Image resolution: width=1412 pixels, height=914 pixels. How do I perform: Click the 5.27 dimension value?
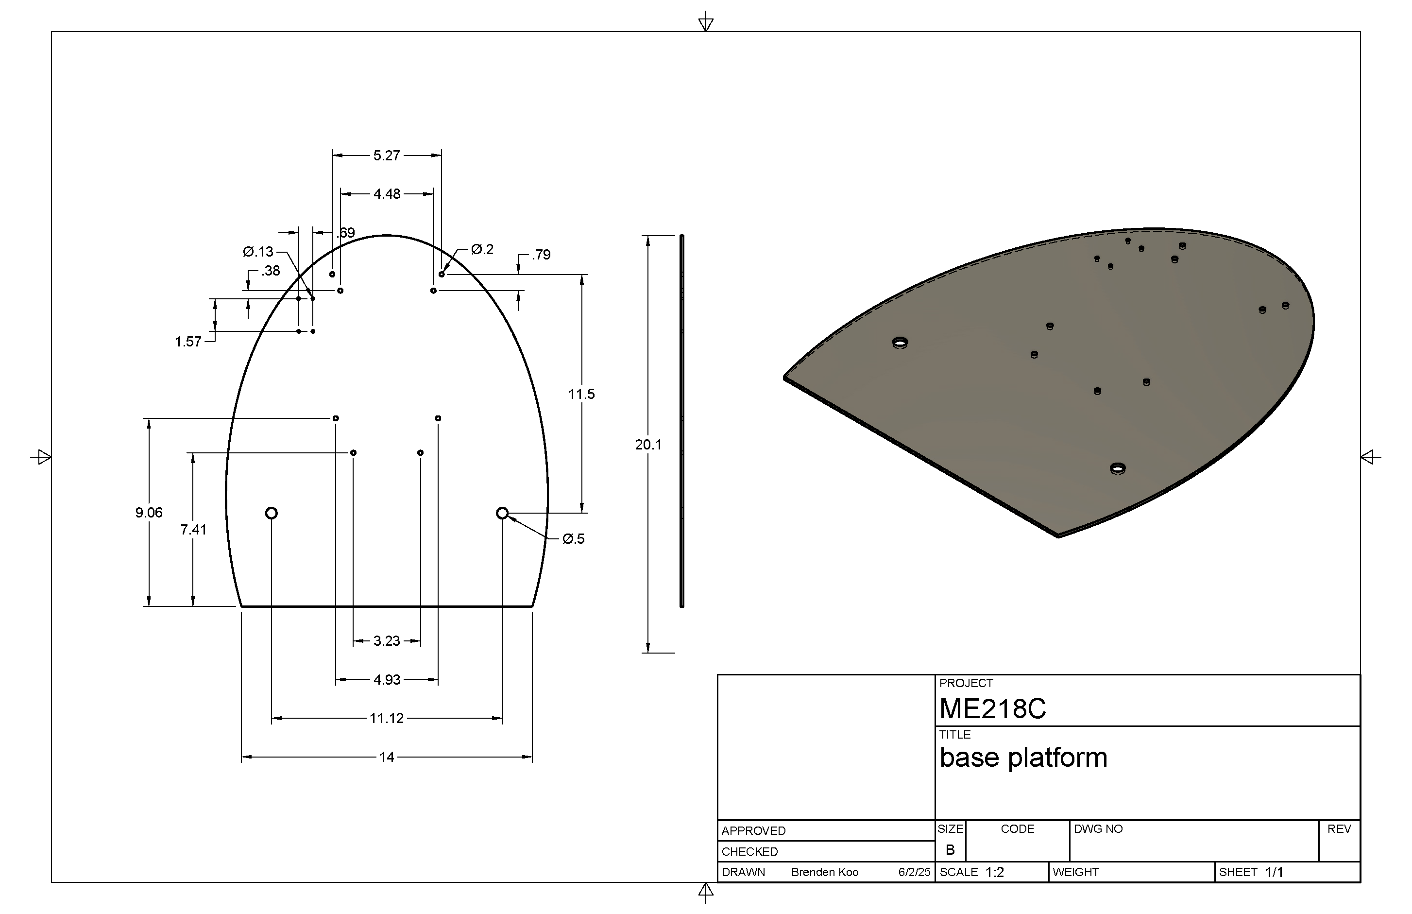(x=386, y=155)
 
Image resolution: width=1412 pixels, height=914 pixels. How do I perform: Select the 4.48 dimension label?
(x=387, y=194)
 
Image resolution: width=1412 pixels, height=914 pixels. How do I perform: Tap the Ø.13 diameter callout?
(x=258, y=252)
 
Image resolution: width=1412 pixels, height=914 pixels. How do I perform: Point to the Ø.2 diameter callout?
(x=482, y=249)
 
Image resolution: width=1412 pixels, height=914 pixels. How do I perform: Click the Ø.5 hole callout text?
(x=573, y=539)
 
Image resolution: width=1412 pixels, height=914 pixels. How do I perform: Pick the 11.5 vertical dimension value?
(x=581, y=394)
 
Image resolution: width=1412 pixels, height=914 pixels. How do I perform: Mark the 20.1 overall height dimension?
(x=648, y=445)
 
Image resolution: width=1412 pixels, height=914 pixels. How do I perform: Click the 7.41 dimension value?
(x=193, y=530)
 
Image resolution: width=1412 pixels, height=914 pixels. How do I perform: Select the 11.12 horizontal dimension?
(x=386, y=719)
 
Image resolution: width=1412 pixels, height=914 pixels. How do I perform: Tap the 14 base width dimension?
(x=386, y=758)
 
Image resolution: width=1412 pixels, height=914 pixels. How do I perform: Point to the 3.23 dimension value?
(x=386, y=641)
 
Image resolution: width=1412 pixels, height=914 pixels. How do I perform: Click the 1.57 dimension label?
(x=188, y=342)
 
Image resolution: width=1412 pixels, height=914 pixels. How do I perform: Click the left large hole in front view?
(x=271, y=513)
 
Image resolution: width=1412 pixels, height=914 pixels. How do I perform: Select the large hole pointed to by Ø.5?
(x=502, y=513)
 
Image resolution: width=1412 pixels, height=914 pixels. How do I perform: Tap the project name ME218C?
(x=992, y=708)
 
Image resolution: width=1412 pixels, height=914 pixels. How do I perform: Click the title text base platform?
(x=1023, y=758)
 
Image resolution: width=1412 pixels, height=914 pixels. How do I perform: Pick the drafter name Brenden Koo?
(x=825, y=873)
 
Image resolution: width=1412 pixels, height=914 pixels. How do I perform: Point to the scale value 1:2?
(x=994, y=873)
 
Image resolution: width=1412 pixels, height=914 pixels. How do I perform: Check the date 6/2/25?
(x=914, y=873)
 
